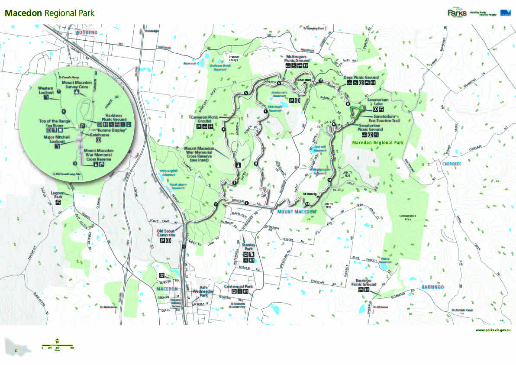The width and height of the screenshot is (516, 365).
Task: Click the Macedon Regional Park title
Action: (x=49, y=13)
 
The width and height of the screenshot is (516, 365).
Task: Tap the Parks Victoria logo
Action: (x=457, y=13)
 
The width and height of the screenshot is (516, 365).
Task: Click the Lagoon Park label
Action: (x=58, y=194)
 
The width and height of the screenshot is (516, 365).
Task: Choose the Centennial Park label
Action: (x=239, y=287)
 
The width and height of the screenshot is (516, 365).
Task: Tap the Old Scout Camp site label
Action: (x=167, y=233)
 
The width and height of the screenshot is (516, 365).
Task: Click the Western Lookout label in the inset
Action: (x=45, y=90)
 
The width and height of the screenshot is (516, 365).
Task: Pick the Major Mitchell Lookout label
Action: (x=54, y=139)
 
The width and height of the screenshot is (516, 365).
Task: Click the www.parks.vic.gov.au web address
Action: (x=493, y=330)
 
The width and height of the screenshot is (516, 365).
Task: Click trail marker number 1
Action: (x=184, y=247)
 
